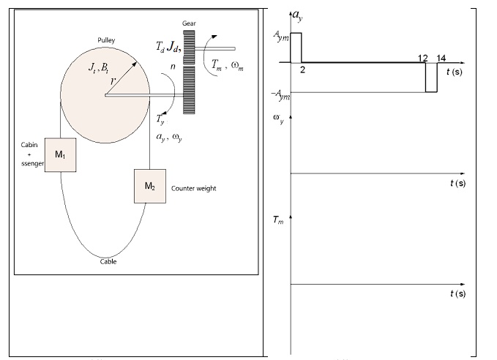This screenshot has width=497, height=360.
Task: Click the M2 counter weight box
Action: (149, 186)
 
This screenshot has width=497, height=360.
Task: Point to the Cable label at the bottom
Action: (108, 261)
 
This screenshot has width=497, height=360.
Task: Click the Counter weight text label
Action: (193, 188)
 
